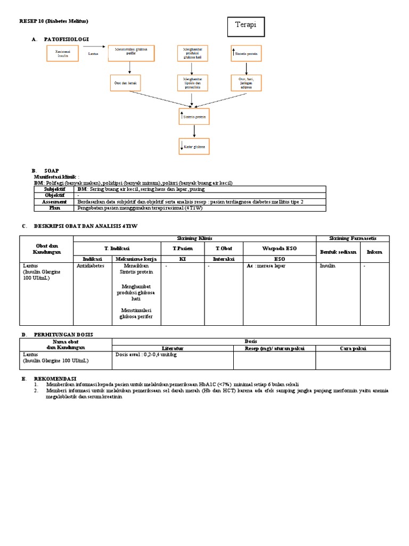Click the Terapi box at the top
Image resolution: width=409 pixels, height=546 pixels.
(246, 26)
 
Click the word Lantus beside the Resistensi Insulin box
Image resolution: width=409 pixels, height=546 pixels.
(93, 53)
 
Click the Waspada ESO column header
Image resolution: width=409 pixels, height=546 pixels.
(279, 248)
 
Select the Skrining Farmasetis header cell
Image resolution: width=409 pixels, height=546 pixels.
(353, 238)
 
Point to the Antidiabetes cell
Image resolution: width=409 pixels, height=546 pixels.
(91, 264)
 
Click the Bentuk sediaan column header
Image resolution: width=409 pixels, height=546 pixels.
(338, 251)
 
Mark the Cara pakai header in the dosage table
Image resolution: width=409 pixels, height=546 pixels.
(353, 348)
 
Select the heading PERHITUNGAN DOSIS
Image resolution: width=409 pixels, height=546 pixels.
(63, 334)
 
